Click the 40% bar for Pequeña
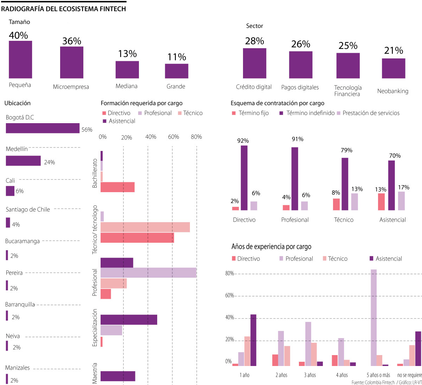click(x=20, y=59)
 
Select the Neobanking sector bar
click(x=394, y=68)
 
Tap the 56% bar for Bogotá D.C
click(x=43, y=128)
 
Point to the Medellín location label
click(x=17, y=149)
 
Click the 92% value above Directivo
click(x=243, y=141)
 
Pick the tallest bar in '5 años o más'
click(x=374, y=317)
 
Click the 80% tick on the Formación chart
click(x=196, y=137)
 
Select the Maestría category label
click(x=94, y=373)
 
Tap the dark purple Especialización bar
click(x=129, y=320)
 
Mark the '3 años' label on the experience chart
click(x=310, y=375)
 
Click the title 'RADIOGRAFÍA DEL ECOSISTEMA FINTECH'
click(x=63, y=9)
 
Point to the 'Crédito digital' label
click(x=254, y=87)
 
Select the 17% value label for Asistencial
click(x=404, y=187)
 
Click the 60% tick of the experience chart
click(x=229, y=296)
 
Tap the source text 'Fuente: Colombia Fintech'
click(x=373, y=382)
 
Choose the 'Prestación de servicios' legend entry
click(x=371, y=113)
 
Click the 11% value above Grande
click(x=177, y=57)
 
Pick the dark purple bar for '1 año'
click(x=253, y=340)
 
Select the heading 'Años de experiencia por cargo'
click(x=271, y=247)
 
